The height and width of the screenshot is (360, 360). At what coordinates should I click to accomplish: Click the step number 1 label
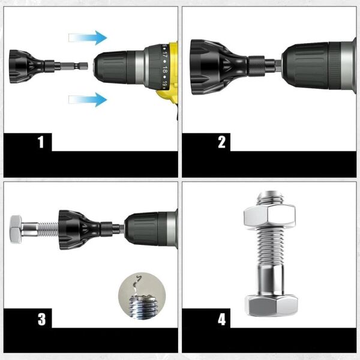41,142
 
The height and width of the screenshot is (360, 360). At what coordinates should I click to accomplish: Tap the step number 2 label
221,142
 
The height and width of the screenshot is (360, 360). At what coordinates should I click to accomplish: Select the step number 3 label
41,319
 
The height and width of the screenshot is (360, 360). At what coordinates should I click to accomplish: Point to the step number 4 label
221,319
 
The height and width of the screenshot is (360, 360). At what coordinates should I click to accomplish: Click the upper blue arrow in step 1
88,38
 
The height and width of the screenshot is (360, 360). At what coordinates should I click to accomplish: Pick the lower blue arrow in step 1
88,99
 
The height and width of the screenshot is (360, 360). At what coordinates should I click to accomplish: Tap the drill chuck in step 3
150,229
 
